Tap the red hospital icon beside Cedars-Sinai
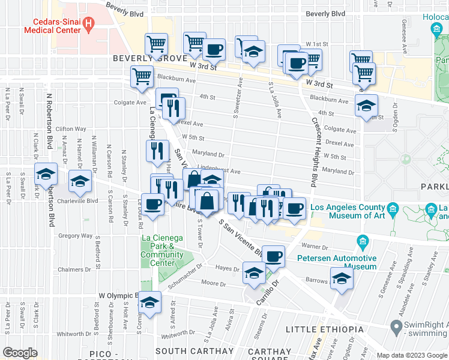coord(89,25)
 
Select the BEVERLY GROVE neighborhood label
coord(140,58)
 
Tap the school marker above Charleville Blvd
coord(80,182)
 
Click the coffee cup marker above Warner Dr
coord(274,256)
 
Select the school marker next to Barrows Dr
coord(342,279)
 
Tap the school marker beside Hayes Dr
coord(254,273)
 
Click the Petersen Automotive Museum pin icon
coord(362,242)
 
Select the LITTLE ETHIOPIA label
coord(324,329)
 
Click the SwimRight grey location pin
coord(396,328)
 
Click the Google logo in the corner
coord(20,353)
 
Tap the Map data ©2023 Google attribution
coord(412,355)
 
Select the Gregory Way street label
coord(75,236)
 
